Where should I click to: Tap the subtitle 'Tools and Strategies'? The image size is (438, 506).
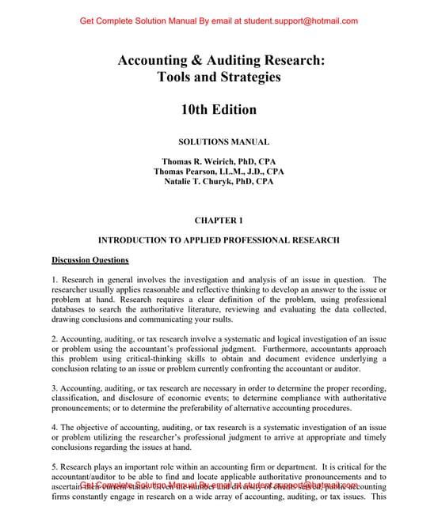point(219,77)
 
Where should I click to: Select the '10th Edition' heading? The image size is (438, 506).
point(219,110)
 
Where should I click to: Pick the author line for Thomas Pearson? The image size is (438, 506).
point(218,171)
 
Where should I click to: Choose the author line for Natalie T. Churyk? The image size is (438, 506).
point(218,181)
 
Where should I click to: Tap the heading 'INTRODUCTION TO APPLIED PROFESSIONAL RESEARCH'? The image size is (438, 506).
point(219,240)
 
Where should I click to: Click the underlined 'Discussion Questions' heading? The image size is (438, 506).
point(90,259)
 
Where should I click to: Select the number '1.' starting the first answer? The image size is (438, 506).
point(55,280)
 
